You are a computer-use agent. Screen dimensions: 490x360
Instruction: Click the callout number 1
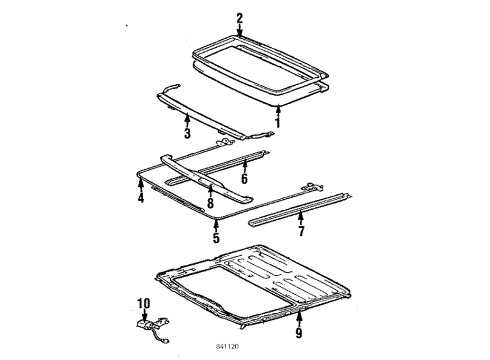tap(277, 122)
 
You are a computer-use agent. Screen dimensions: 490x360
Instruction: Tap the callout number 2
tap(240, 18)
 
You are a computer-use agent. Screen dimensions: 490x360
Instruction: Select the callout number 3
tap(187, 133)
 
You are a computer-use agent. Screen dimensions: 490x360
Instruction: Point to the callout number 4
tap(141, 198)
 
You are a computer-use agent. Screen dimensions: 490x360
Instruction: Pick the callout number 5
tap(216, 238)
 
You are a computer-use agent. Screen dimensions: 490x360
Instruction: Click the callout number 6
tap(244, 178)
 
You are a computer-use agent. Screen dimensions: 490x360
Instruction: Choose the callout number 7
tap(301, 231)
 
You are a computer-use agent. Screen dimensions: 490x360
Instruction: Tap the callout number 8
tap(210, 203)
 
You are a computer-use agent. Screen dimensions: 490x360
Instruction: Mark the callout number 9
tap(299, 332)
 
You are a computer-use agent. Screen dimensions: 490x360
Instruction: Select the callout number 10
tap(144, 303)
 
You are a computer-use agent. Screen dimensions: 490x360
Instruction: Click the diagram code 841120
tap(227, 347)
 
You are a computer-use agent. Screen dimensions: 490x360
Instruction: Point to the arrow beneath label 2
tap(240, 30)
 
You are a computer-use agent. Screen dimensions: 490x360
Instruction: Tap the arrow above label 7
tap(301, 217)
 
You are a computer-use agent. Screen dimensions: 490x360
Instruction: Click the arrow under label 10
tap(144, 316)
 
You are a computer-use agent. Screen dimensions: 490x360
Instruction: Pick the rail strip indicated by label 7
tap(300, 209)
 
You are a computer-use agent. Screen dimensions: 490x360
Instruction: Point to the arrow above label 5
tap(216, 225)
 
